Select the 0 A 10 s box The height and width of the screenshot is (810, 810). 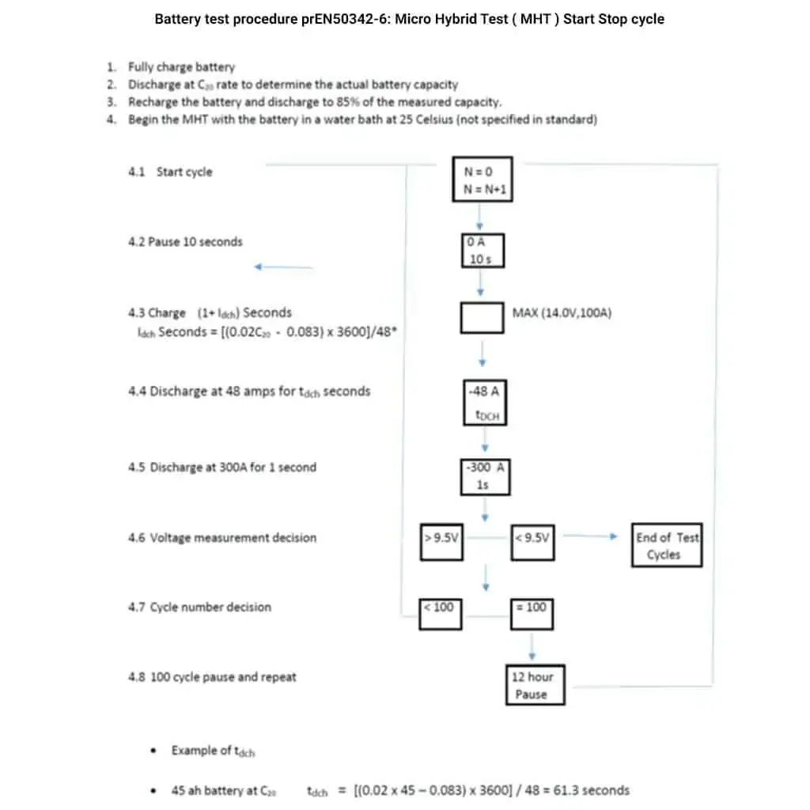(x=482, y=250)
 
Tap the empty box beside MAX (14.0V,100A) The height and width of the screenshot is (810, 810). (x=482, y=317)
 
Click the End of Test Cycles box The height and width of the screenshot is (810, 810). (x=667, y=546)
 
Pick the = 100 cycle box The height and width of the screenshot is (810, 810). (x=532, y=612)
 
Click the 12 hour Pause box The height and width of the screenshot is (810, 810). (x=532, y=685)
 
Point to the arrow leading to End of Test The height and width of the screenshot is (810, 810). (x=589, y=536)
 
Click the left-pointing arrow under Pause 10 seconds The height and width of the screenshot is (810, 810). (x=282, y=267)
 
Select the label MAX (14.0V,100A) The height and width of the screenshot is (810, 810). (x=562, y=312)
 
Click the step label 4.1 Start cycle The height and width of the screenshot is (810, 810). (x=170, y=172)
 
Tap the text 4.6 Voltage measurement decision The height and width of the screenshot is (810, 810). (x=222, y=538)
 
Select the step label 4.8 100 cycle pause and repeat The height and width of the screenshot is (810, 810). (x=212, y=677)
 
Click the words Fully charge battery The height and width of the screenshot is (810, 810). (x=181, y=67)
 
